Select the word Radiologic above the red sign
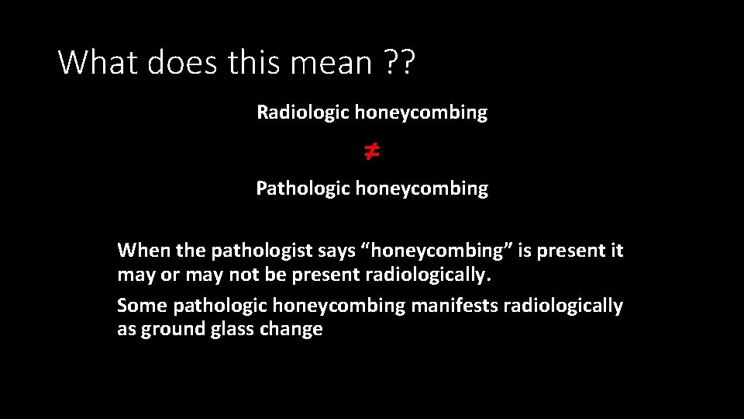(x=303, y=113)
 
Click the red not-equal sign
(x=372, y=151)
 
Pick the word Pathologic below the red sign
(x=303, y=189)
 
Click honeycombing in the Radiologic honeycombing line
(x=421, y=113)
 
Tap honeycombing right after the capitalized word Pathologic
(x=422, y=189)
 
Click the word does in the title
(x=177, y=62)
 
